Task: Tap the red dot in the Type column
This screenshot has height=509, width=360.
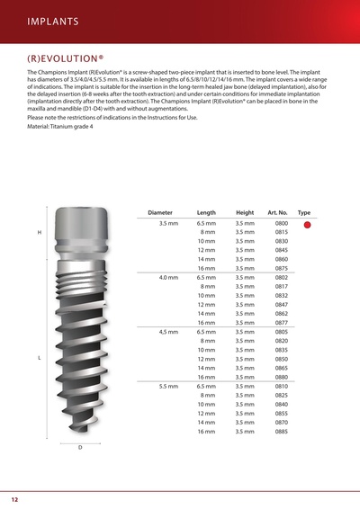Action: coord(307,225)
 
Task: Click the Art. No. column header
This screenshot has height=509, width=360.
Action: coord(279,212)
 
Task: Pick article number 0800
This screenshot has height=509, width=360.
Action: coord(281,223)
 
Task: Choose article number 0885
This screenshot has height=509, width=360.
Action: coord(281,432)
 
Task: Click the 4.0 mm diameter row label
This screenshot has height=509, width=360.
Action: coord(168,278)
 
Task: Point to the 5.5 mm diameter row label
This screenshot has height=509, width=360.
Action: coord(168,387)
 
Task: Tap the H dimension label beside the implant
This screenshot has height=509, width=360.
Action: coord(39,233)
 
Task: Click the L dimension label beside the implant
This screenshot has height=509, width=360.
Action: coord(39,358)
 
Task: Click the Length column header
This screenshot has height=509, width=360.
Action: coord(205,212)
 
